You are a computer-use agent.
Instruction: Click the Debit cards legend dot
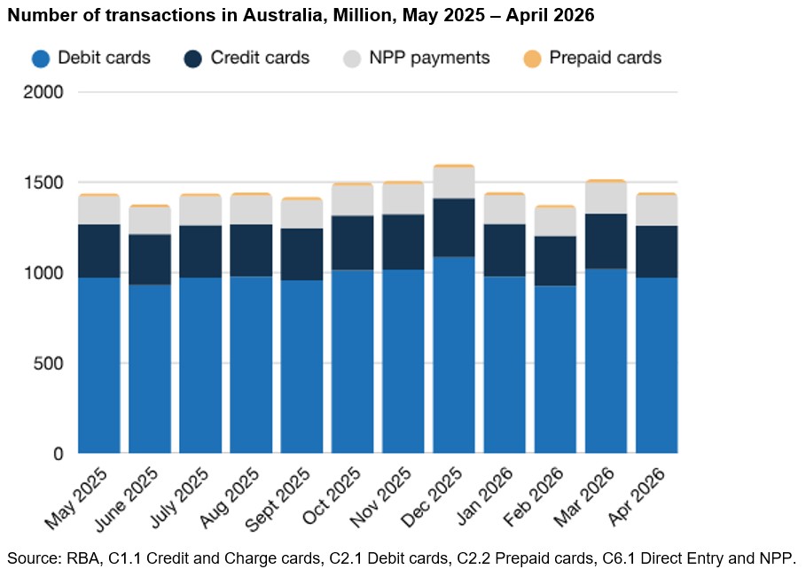click(x=41, y=58)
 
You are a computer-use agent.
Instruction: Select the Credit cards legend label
click(x=260, y=58)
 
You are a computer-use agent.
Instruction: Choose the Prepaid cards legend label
click(x=605, y=58)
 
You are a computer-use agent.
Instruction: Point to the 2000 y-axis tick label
click(x=43, y=92)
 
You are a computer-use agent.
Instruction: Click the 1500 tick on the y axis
click(x=43, y=183)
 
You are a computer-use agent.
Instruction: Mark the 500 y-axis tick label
click(x=48, y=363)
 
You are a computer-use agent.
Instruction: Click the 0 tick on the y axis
click(x=59, y=454)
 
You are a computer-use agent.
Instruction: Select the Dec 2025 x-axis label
click(x=432, y=497)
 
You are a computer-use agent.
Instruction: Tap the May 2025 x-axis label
click(x=76, y=498)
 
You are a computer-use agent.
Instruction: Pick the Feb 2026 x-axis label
click(x=534, y=497)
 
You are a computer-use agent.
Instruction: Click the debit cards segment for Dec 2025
click(x=453, y=355)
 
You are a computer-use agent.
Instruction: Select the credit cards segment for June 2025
click(x=150, y=260)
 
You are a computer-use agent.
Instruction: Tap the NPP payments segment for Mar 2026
click(x=606, y=199)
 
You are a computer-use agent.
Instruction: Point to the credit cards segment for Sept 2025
click(x=301, y=254)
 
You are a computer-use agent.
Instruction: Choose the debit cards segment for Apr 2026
click(x=657, y=365)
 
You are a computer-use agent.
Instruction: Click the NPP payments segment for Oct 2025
click(x=352, y=201)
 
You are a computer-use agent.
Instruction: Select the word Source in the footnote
click(x=33, y=558)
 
